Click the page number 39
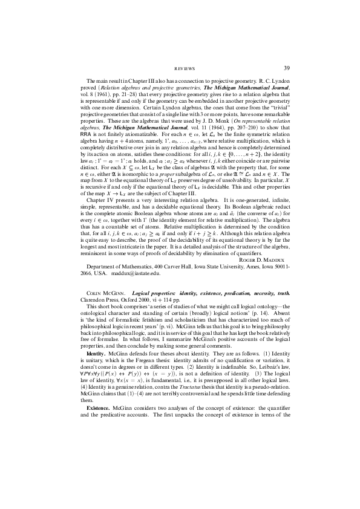coord(287,68)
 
